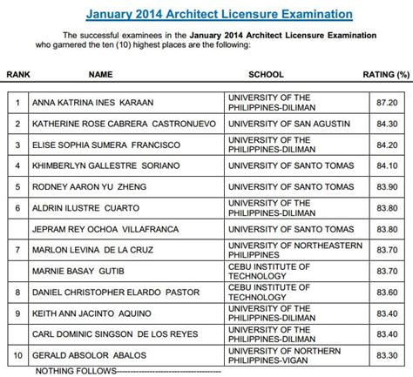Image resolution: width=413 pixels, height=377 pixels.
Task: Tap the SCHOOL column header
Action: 265,76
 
